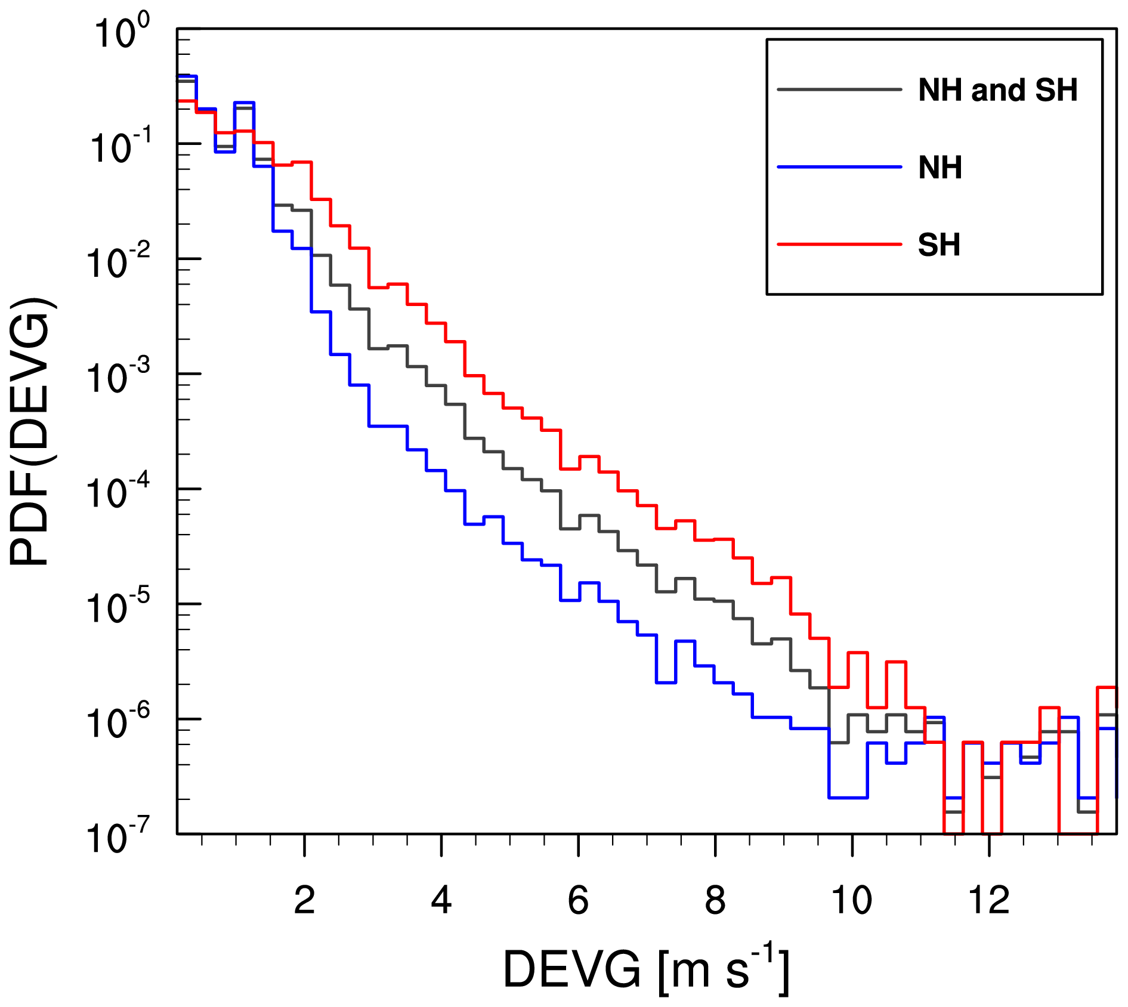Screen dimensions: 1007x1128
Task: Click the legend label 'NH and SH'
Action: pyautogui.click(x=997, y=91)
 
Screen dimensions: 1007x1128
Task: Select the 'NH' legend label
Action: pyautogui.click(x=940, y=168)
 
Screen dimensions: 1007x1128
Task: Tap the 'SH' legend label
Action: pyautogui.click(x=939, y=245)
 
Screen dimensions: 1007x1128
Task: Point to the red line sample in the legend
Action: pyautogui.click(x=839, y=244)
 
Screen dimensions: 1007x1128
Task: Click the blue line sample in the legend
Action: pyautogui.click(x=839, y=167)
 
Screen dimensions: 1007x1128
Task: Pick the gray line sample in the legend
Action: pyautogui.click(x=839, y=90)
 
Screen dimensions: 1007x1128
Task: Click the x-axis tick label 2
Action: pyautogui.click(x=304, y=900)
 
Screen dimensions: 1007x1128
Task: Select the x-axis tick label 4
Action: pyautogui.click(x=441, y=900)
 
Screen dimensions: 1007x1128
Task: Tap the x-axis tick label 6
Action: pyautogui.click(x=578, y=900)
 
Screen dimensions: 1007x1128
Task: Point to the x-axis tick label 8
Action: pyautogui.click(x=715, y=900)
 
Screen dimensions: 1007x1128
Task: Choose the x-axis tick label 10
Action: pyautogui.click(x=852, y=900)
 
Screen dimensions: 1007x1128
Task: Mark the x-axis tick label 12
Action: pyautogui.click(x=989, y=900)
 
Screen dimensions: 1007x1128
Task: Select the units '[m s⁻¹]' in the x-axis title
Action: pyautogui.click(x=724, y=969)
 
